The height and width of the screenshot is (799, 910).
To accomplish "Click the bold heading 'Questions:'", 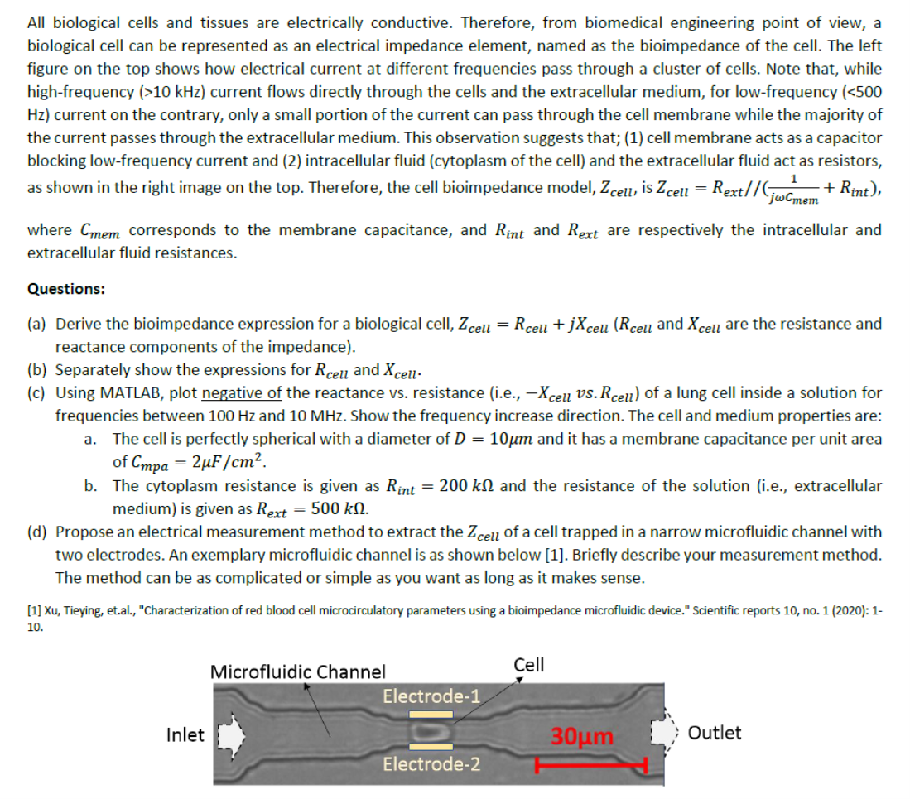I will tap(66, 289).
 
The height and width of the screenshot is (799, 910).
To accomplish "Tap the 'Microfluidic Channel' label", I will tap(298, 671).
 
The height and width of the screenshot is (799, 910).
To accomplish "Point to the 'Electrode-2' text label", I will tap(431, 763).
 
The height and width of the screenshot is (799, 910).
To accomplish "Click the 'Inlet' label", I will tap(186, 734).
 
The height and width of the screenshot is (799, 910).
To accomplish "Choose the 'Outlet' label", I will tap(715, 733).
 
